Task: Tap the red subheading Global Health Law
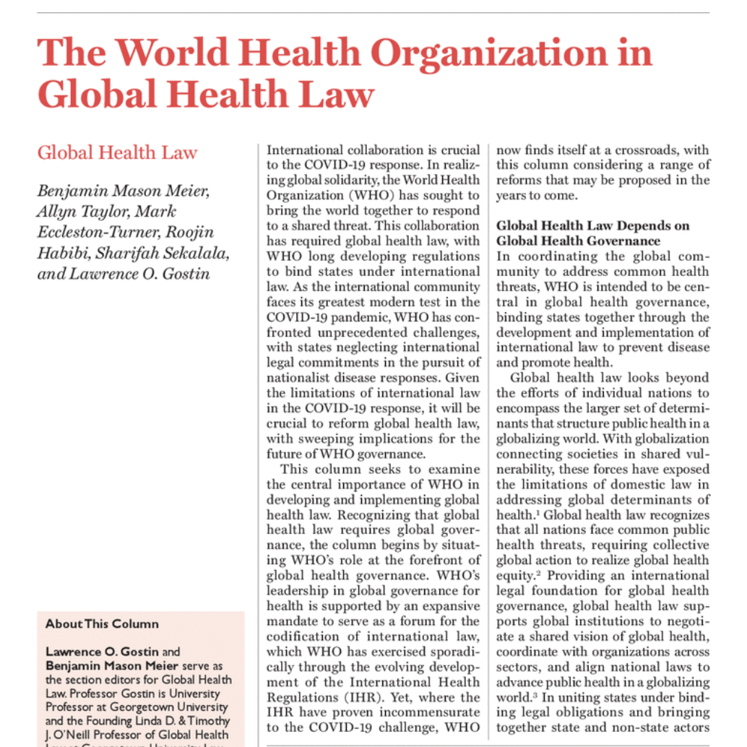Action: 117,152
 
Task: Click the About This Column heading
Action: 102,623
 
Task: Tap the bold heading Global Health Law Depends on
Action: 592,225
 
